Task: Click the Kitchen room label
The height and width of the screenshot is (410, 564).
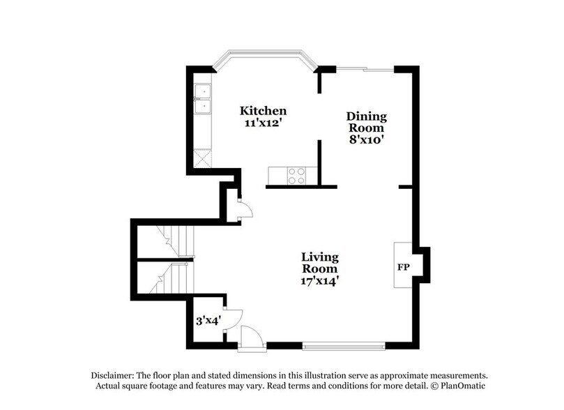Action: [263, 111]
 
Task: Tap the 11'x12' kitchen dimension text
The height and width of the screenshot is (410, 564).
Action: [263, 123]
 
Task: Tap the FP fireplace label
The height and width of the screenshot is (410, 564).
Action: [403, 267]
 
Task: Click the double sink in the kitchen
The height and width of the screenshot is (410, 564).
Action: [203, 99]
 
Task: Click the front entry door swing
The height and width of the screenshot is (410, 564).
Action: [252, 337]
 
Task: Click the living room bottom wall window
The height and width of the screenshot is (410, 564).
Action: [344, 344]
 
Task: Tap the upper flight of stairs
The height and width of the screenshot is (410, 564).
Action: [170, 241]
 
